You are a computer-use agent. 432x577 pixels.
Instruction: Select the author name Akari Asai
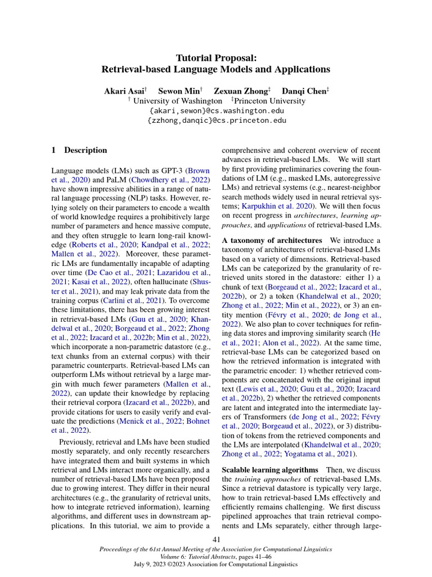[x=125, y=91]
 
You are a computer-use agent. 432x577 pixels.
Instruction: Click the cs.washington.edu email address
[x=217, y=111]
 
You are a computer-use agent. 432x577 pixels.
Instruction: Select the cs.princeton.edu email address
[x=217, y=121]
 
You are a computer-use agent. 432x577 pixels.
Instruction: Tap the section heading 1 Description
[x=79, y=150]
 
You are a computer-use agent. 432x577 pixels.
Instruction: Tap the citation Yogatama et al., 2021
[x=318, y=453]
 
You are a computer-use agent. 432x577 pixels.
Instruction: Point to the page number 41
[x=216, y=540]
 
